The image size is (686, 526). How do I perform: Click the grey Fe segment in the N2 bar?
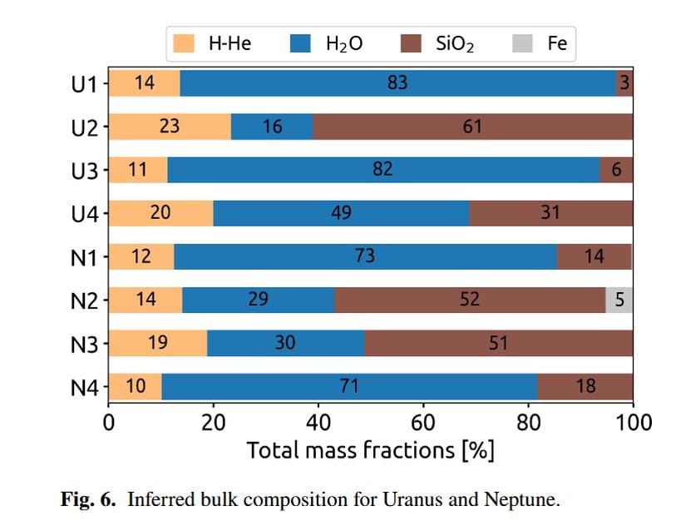[x=619, y=299]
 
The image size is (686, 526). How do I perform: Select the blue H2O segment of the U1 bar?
[x=397, y=84]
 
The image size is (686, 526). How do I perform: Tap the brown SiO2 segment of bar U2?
[x=473, y=127]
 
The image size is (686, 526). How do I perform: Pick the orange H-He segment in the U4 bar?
[x=160, y=213]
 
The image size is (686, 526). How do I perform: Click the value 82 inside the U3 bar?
[x=382, y=170]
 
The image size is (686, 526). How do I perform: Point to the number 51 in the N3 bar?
[x=498, y=342]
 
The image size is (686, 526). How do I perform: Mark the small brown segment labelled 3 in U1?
[x=624, y=84]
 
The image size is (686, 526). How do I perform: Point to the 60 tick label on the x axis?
[x=423, y=422]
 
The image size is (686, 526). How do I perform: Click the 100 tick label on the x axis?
[x=633, y=422]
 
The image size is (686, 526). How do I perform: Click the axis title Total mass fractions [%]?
[x=370, y=450]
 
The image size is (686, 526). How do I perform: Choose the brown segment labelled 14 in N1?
[x=594, y=256]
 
